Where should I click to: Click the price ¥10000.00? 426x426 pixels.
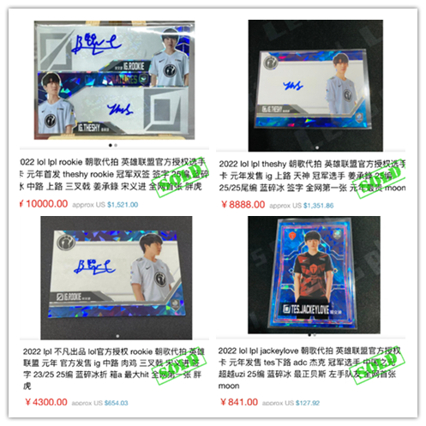point(44,204)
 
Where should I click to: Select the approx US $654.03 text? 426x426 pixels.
point(105,402)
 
